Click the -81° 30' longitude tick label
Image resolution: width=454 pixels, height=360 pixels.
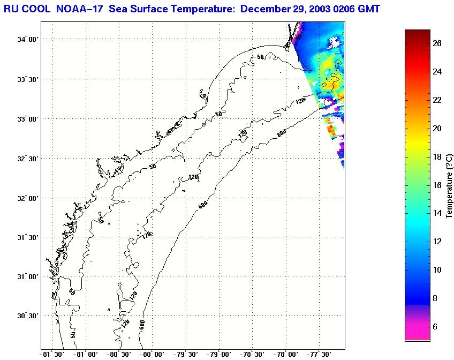(52, 354)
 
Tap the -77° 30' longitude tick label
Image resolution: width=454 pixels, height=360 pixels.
(320, 354)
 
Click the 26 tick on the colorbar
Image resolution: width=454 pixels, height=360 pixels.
(437, 44)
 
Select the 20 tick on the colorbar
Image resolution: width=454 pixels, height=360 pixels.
(437, 129)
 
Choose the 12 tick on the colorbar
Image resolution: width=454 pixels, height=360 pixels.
(437, 242)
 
